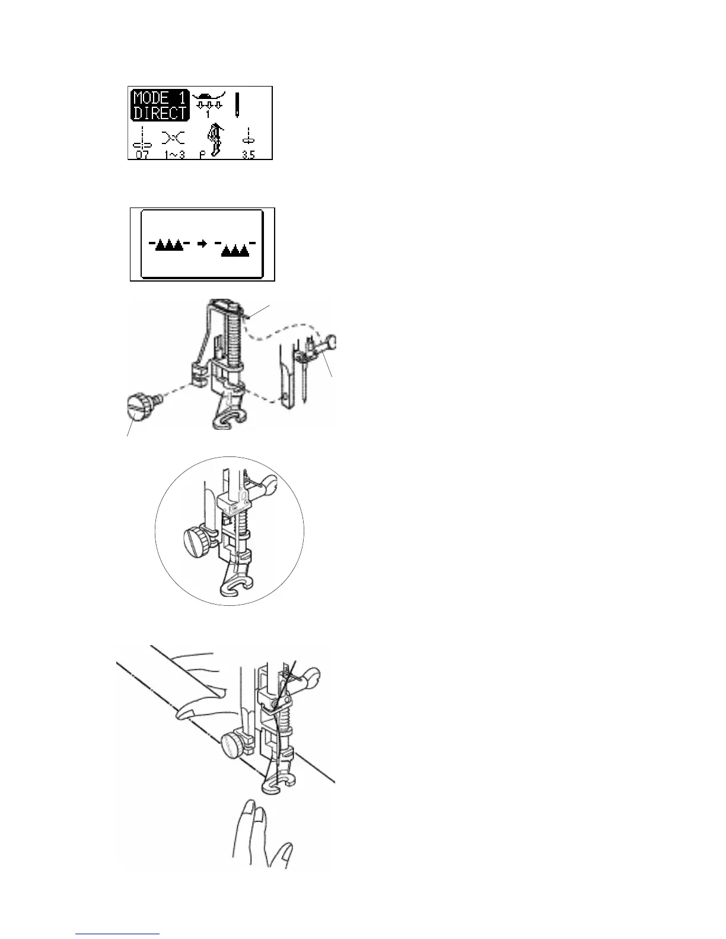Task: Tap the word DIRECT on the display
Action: tap(158, 113)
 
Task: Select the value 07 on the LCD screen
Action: tap(142, 155)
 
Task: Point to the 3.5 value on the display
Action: tap(248, 155)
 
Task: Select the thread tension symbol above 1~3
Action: tap(175, 139)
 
